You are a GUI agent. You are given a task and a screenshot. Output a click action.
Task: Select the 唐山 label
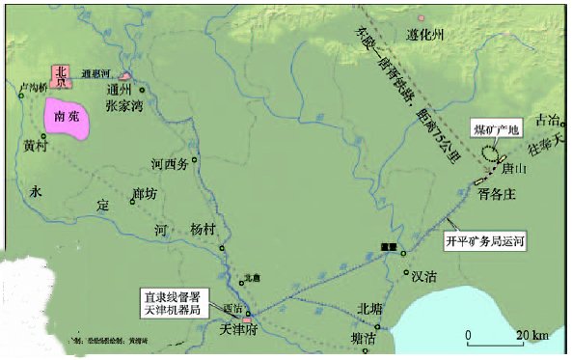(x=516, y=168)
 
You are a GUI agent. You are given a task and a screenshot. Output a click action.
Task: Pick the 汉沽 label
(x=426, y=274)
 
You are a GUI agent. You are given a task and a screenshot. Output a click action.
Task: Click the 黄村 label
(x=37, y=148)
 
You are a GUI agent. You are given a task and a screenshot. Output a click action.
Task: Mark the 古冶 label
(x=548, y=120)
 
